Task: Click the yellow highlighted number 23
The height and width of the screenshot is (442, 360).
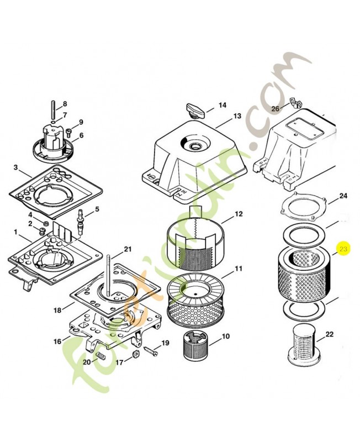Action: (x=343, y=250)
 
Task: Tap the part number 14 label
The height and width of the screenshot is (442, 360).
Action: (x=222, y=104)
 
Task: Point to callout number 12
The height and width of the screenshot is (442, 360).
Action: (x=239, y=213)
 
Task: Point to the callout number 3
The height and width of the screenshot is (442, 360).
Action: (x=15, y=167)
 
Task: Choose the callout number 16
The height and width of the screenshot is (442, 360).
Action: (x=57, y=341)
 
